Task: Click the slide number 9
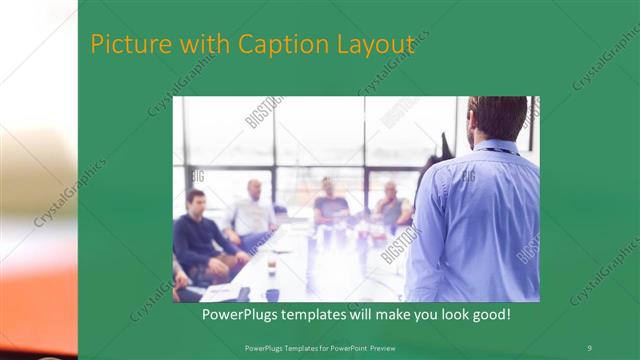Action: tap(589, 347)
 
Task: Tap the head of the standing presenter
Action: tap(497, 118)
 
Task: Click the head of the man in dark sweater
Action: tap(196, 198)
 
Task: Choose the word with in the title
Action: tap(202, 45)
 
